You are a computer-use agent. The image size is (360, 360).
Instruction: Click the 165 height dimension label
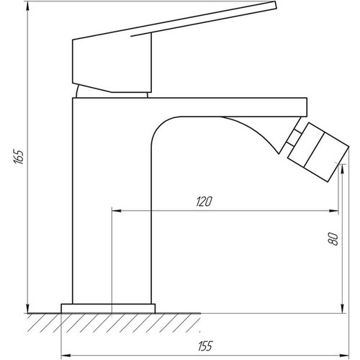pyautogui.click(x=19, y=157)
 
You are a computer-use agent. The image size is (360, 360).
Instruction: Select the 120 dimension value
pyautogui.click(x=204, y=202)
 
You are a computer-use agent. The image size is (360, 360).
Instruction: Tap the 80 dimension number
pyautogui.click(x=333, y=239)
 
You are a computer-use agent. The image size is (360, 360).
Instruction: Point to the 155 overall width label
pyautogui.click(x=205, y=346)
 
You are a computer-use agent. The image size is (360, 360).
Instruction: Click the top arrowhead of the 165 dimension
pyautogui.click(x=28, y=5)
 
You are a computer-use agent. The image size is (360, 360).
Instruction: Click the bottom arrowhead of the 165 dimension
pyautogui.click(x=28, y=309)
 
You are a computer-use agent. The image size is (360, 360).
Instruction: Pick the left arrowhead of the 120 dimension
pyautogui.click(x=117, y=211)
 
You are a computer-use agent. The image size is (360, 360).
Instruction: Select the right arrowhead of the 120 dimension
pyautogui.click(x=334, y=211)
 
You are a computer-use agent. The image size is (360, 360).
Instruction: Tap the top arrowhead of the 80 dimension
pyautogui.click(x=343, y=169)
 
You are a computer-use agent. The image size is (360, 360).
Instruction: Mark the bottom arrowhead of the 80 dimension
pyautogui.click(x=343, y=309)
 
